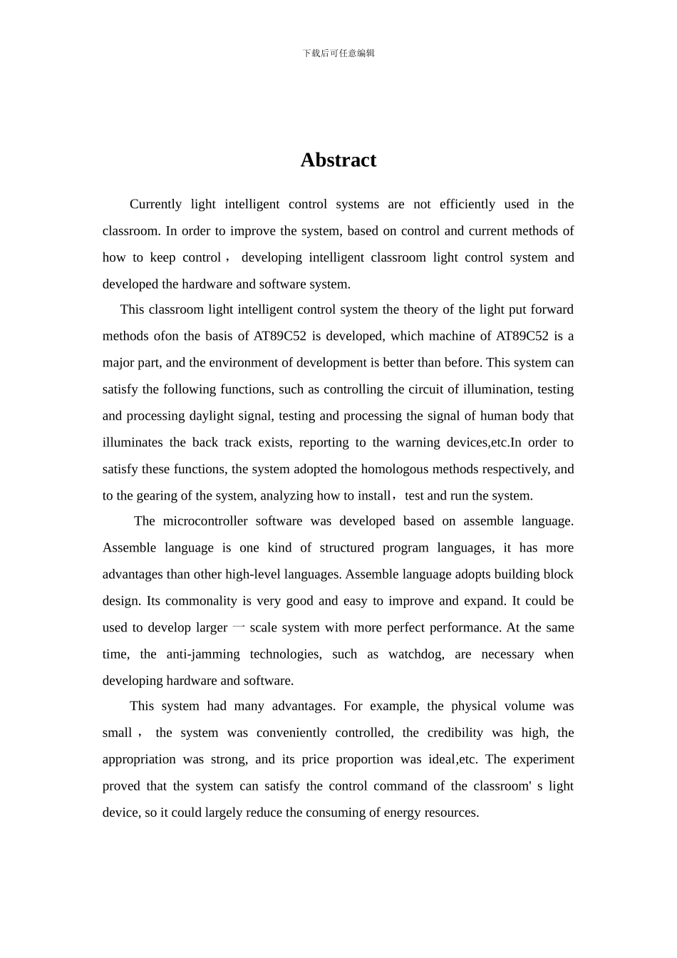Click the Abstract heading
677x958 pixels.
[338, 160]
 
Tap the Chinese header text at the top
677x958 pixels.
[338, 53]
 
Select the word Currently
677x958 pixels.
[155, 205]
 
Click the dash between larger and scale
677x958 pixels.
[239, 627]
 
